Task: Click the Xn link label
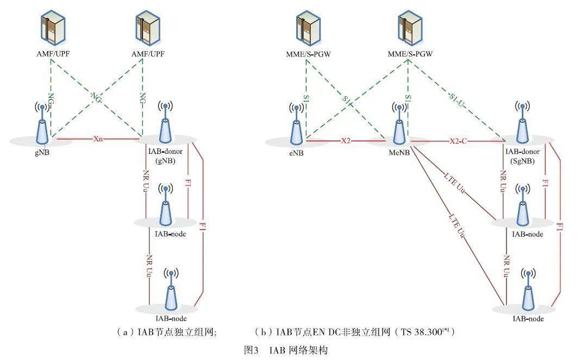(x=98, y=139)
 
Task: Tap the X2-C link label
(x=458, y=141)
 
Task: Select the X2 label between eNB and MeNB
(x=346, y=141)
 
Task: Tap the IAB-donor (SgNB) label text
(x=522, y=156)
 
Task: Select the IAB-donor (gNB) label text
(x=164, y=156)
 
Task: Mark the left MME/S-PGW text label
(x=309, y=54)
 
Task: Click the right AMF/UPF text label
(x=148, y=54)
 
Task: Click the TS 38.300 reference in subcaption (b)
(x=429, y=331)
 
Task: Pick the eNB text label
(x=297, y=153)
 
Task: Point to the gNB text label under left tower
(x=41, y=153)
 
